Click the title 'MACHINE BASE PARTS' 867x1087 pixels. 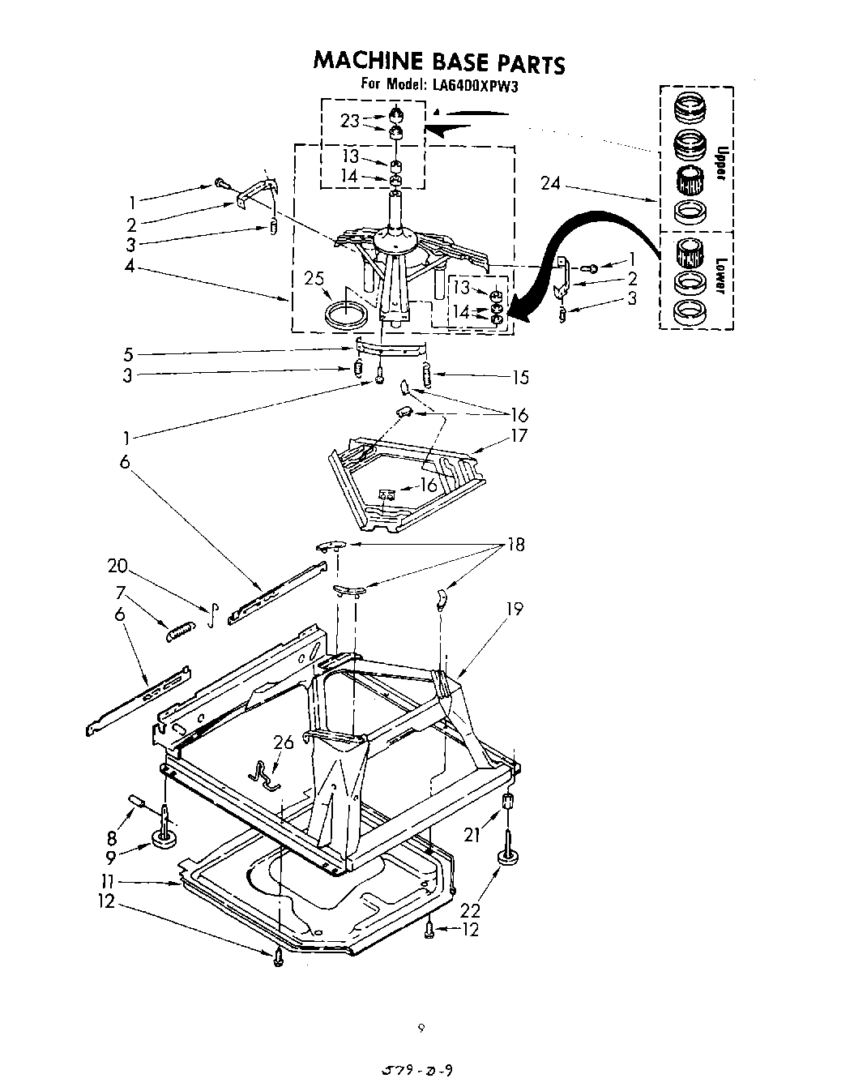tap(438, 62)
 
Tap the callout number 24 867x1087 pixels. tap(550, 184)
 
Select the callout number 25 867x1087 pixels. tap(314, 279)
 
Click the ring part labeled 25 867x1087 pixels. tap(345, 312)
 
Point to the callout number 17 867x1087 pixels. tap(519, 436)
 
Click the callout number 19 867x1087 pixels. tap(515, 608)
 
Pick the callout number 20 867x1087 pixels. tap(117, 566)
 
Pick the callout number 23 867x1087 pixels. tap(350, 121)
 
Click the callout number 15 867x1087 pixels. tap(520, 377)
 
